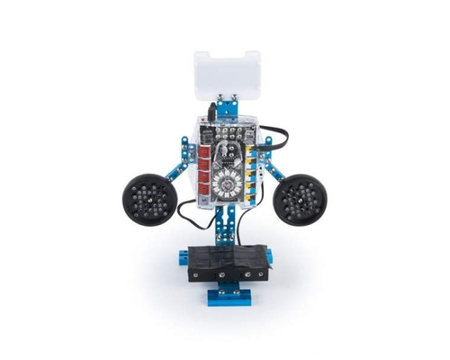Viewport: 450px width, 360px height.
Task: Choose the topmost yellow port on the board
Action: pyautogui.click(x=248, y=152)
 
